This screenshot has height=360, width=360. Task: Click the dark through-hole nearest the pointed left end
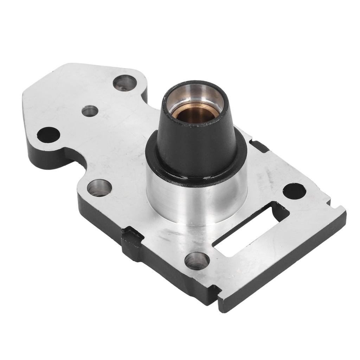click(x=48, y=135)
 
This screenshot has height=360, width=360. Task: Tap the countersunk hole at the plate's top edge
click(x=125, y=83)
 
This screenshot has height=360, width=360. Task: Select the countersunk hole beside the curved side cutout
click(x=99, y=187)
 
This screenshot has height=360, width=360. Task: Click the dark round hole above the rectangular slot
click(x=294, y=191)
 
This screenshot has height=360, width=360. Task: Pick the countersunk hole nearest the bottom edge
click(x=197, y=261)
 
